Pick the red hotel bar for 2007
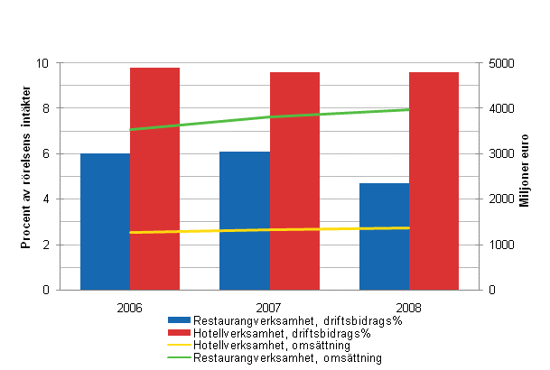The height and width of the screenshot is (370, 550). [x=294, y=180]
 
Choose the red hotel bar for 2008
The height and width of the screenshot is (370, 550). [x=433, y=180]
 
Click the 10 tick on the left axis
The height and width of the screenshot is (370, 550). [x=44, y=63]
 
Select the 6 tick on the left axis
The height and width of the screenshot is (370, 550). [x=47, y=154]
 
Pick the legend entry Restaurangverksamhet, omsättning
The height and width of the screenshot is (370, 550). [x=276, y=358]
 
